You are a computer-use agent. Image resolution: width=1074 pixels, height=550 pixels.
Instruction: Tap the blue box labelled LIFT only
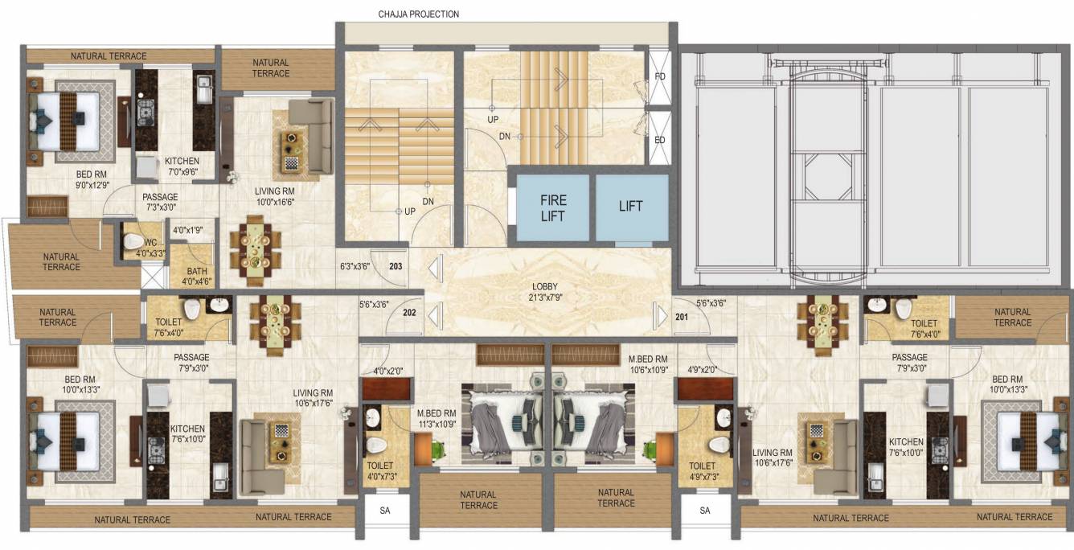click(x=631, y=207)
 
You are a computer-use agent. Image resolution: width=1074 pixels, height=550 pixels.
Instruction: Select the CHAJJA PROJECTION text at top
click(x=419, y=14)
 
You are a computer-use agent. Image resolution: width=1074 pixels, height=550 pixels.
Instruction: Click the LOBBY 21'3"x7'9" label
click(x=544, y=292)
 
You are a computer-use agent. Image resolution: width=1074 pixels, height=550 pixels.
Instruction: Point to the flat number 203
click(x=396, y=266)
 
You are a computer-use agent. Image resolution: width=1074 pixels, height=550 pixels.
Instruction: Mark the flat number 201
click(x=682, y=318)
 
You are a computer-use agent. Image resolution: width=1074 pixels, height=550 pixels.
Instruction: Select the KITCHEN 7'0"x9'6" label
click(x=182, y=166)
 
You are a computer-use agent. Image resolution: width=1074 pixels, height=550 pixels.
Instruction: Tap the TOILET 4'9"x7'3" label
click(x=703, y=470)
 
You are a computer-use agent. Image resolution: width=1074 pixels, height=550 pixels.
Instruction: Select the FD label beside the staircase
click(x=660, y=77)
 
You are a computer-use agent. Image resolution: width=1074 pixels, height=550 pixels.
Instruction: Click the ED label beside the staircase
click(x=660, y=139)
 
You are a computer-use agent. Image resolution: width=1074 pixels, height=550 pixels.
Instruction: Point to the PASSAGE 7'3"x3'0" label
click(x=160, y=202)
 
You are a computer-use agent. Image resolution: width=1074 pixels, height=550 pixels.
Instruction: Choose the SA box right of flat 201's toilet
click(x=705, y=511)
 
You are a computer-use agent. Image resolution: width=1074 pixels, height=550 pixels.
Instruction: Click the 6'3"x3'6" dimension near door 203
click(x=354, y=266)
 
